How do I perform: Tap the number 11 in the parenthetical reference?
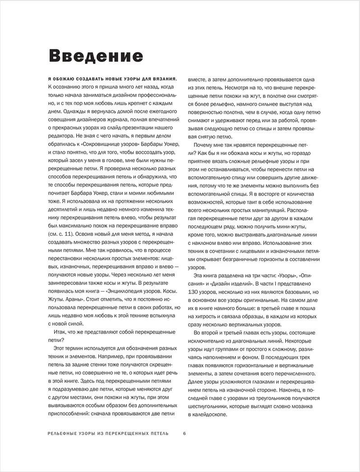pyautogui.click(x=65, y=234)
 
